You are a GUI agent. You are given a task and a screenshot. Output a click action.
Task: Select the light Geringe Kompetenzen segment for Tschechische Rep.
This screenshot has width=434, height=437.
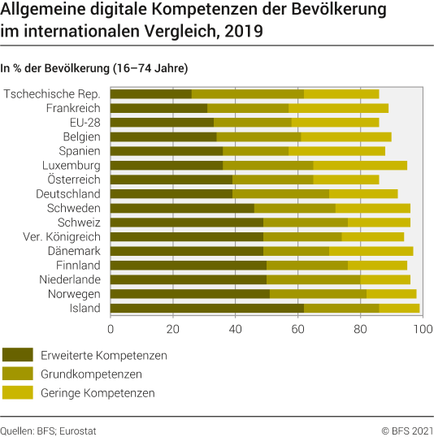(341, 93)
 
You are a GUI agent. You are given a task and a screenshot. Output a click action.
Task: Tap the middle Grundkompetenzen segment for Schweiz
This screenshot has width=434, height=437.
(306, 222)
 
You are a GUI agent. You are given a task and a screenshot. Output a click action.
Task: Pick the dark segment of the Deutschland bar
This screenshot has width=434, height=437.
(171, 193)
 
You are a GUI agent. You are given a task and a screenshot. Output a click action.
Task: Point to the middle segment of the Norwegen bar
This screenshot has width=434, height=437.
(318, 293)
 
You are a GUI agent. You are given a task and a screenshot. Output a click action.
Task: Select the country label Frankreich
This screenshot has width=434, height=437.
(73, 108)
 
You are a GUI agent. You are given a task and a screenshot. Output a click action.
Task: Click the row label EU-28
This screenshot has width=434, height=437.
(84, 122)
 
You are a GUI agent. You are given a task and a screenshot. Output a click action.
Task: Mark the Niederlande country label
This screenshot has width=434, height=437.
(69, 279)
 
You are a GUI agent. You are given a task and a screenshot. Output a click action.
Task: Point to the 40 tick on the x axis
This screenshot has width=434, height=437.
(235, 328)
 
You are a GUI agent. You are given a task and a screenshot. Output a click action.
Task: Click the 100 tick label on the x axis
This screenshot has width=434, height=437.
(422, 328)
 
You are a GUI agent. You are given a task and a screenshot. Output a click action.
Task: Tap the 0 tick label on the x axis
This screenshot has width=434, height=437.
(111, 328)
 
